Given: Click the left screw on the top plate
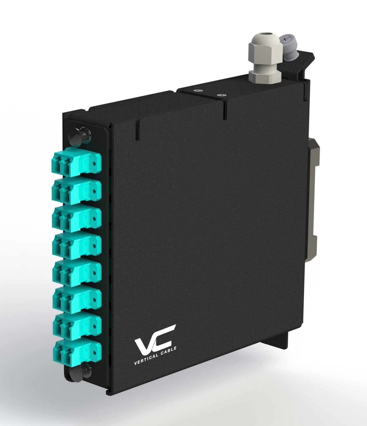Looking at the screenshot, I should [198, 91].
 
